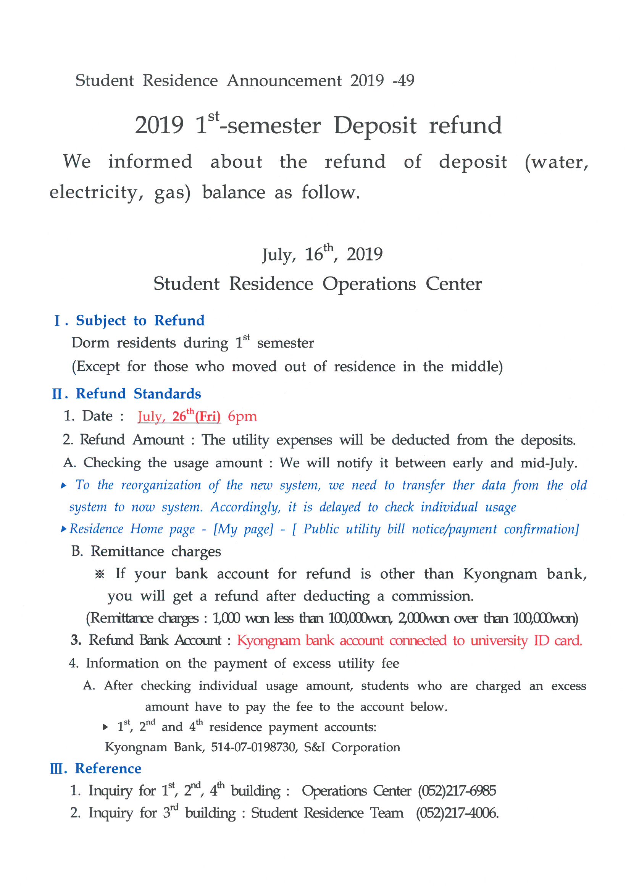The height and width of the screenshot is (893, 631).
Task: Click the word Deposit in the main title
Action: [375, 126]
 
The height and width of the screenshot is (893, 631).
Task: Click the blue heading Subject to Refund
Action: [140, 320]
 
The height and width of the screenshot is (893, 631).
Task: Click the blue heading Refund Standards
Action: [138, 394]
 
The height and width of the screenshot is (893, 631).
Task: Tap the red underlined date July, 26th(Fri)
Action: [179, 416]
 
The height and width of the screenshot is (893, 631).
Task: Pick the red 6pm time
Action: [242, 417]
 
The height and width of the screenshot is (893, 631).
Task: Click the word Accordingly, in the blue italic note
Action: [245, 507]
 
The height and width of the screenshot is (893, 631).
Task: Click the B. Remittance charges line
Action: [146, 552]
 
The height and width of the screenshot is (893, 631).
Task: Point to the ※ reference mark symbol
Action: [100, 574]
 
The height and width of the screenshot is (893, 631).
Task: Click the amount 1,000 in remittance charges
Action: [226, 618]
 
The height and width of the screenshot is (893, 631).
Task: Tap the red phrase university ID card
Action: [526, 641]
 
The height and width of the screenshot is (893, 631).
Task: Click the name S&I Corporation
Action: [352, 747]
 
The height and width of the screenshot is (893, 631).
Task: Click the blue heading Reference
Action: [108, 768]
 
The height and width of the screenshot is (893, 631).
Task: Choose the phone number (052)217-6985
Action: [457, 791]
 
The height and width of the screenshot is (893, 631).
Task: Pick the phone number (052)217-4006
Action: [457, 813]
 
